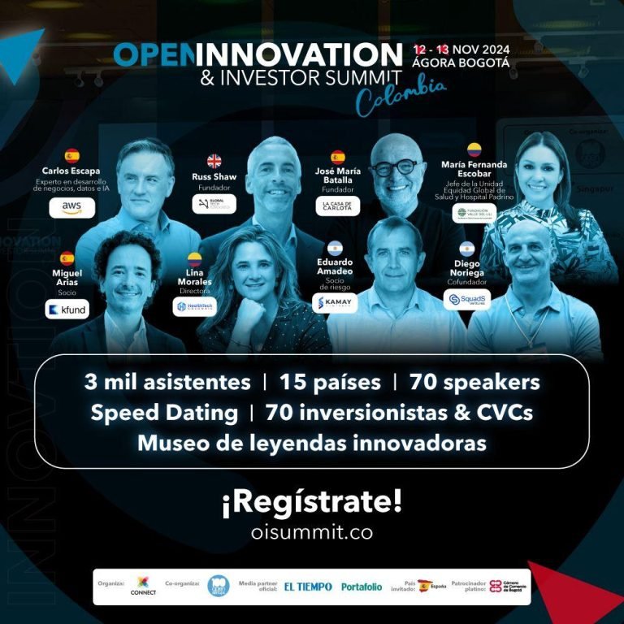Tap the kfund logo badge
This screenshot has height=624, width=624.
click(67, 310)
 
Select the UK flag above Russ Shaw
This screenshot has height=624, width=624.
click(214, 160)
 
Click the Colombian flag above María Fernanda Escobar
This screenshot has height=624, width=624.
click(474, 149)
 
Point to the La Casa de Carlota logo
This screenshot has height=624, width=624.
click(337, 206)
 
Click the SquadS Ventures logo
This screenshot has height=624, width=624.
click(466, 300)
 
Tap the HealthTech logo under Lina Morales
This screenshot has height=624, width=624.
click(195, 306)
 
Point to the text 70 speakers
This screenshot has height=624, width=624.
click(475, 382)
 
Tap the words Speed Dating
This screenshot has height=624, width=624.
click(164, 413)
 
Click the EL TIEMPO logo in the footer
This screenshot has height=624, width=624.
click(308, 587)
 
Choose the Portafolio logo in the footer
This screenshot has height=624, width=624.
click(361, 587)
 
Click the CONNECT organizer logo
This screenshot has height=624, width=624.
click(143, 585)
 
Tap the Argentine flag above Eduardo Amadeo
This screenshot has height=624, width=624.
click(336, 247)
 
